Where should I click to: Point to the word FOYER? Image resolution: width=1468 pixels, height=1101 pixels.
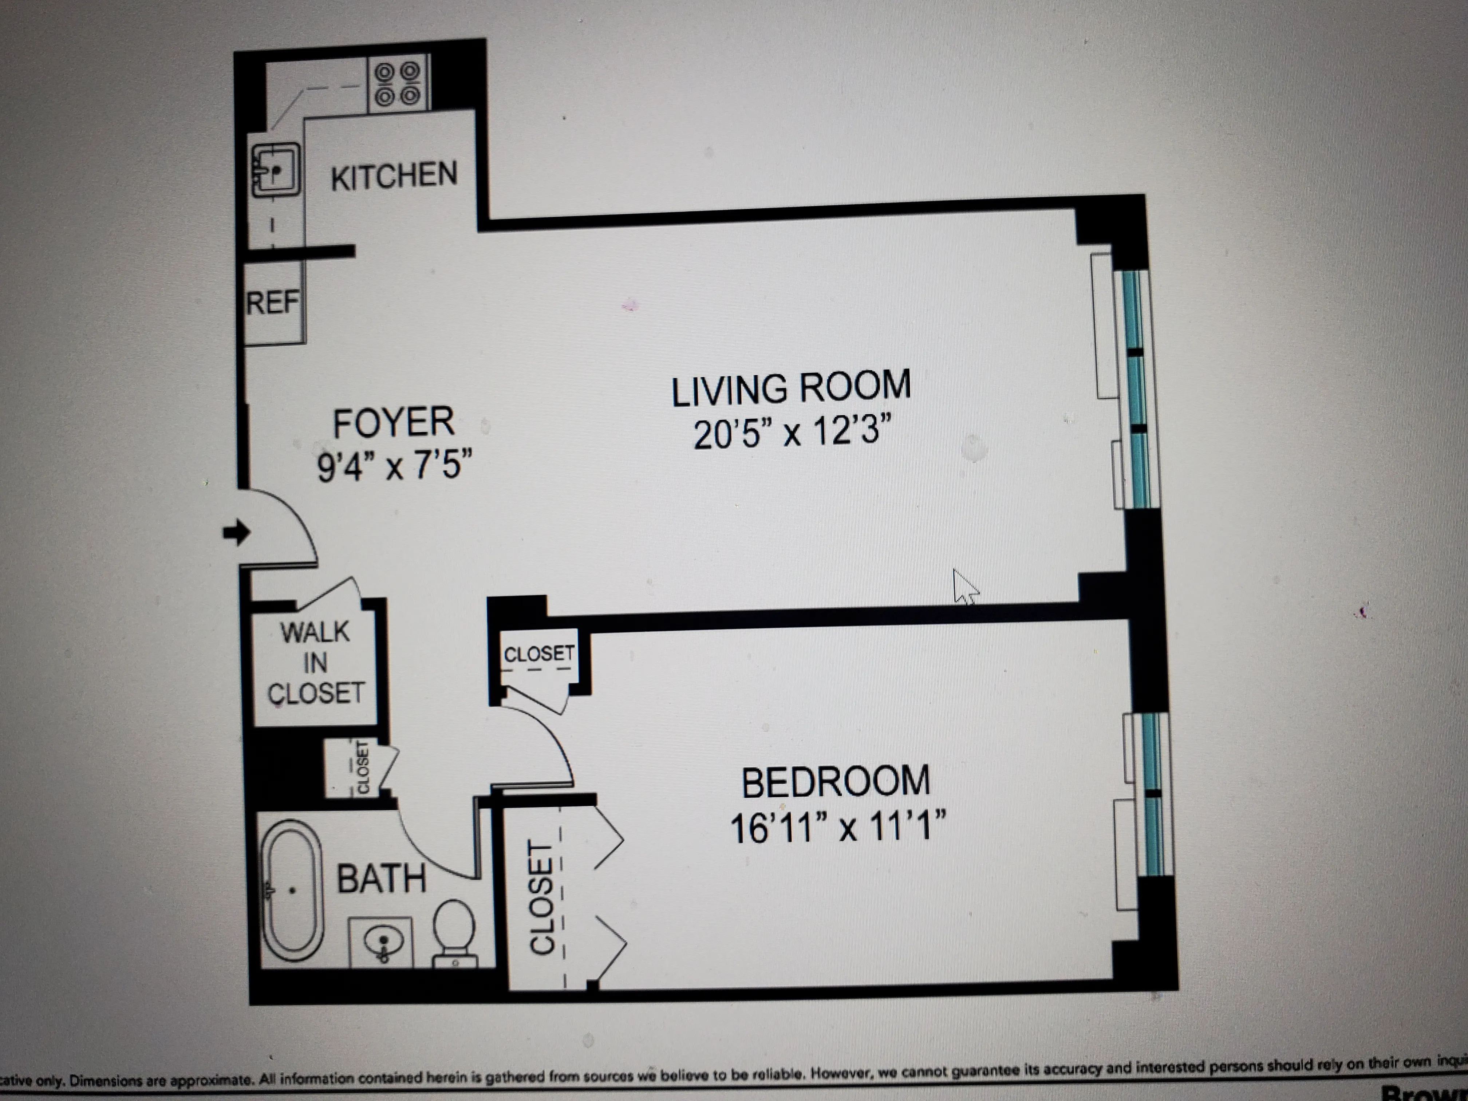(x=394, y=423)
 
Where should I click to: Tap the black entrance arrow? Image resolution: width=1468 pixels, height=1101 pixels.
(x=236, y=532)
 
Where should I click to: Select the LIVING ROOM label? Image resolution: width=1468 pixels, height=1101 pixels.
(x=791, y=388)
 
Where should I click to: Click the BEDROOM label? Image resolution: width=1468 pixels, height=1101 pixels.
(x=836, y=782)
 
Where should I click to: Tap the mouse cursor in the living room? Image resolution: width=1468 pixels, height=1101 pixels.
(x=964, y=587)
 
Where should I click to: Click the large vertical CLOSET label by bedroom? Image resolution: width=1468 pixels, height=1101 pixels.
(x=541, y=898)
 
